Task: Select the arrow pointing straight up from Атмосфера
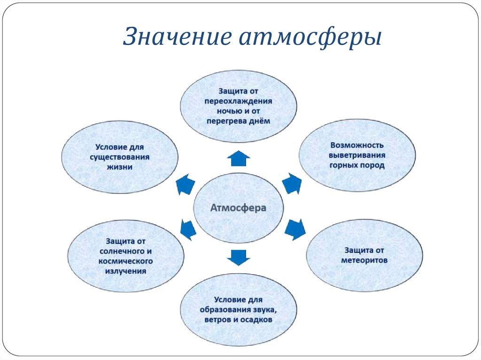click(x=239, y=159)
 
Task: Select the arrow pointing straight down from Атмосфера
click(x=239, y=257)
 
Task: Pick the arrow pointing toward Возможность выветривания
click(x=293, y=183)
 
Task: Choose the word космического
click(x=125, y=261)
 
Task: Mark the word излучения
click(x=125, y=271)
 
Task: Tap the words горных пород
click(x=357, y=165)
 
